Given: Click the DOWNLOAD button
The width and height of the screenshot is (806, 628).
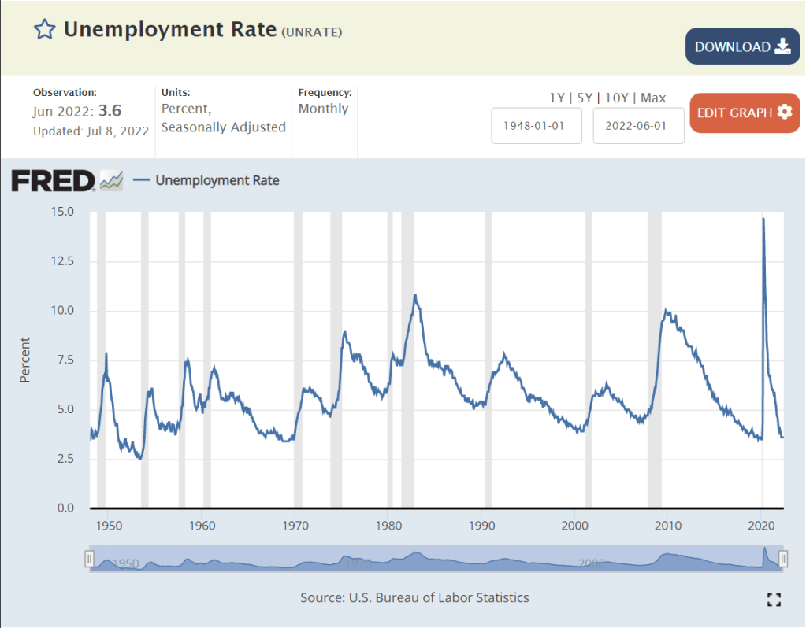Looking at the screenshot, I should point(741,46).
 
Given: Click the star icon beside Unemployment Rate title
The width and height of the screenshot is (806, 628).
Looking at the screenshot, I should point(44,30).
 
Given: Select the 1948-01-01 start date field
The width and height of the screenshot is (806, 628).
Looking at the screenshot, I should point(536,126).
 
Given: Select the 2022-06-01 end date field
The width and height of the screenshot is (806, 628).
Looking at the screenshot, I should point(638,126).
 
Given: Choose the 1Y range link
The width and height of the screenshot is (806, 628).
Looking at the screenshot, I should point(557,98).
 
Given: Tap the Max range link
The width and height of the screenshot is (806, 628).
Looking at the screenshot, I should point(653,98).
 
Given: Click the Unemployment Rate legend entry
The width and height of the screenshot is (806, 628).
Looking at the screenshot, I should point(217,180).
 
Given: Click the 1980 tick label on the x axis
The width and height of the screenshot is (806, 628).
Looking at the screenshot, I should point(388,526).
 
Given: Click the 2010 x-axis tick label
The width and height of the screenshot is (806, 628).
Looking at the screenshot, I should point(667,526).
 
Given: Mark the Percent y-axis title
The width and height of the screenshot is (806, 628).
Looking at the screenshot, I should point(24,360).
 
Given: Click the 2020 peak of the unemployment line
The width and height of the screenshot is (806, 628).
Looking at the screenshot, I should point(763,219).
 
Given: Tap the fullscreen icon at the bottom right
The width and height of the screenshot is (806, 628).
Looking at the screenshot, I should point(774,600).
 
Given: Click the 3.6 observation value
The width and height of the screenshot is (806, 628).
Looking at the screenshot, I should point(110,111).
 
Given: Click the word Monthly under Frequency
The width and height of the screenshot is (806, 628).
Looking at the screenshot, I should point(323,109).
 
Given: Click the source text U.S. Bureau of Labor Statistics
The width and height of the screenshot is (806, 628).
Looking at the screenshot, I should point(438,597).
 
